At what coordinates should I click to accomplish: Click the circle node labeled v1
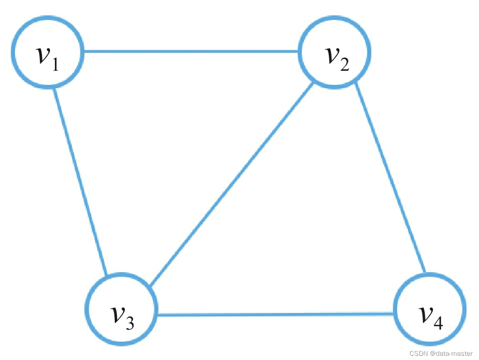point(47,52)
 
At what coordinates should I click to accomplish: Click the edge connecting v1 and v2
point(191,52)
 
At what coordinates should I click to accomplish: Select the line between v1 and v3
point(80,181)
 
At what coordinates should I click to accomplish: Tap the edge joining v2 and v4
point(390,176)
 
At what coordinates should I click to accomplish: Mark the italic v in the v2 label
point(331,56)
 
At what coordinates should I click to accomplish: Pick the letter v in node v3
point(117,314)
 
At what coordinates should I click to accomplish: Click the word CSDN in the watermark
point(417,353)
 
